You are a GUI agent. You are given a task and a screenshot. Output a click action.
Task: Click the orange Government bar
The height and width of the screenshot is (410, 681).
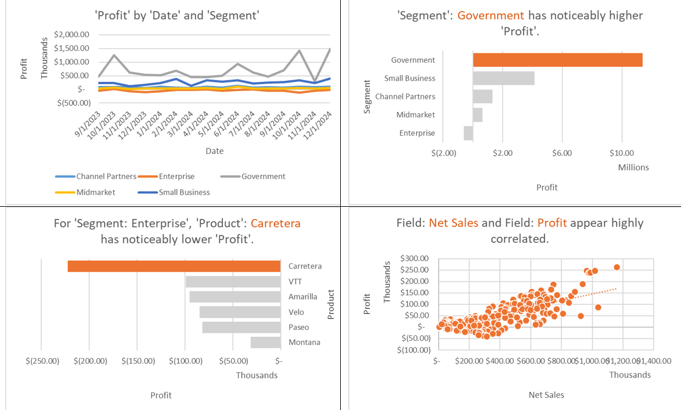point(557,60)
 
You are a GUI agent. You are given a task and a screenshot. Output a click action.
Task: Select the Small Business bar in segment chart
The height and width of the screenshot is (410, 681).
point(503,78)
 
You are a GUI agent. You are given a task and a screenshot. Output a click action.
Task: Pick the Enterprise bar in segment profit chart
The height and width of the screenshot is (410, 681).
point(469,133)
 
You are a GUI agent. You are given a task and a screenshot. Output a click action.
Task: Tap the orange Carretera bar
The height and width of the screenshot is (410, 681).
point(174,266)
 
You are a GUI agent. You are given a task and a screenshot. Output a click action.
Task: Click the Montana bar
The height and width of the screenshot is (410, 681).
point(265,342)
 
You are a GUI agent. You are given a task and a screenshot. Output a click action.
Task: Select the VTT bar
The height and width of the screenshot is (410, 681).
point(233,282)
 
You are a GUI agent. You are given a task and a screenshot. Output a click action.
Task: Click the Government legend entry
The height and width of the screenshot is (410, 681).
point(263,177)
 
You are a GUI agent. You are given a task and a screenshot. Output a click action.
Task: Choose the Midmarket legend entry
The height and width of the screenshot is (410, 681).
point(96,192)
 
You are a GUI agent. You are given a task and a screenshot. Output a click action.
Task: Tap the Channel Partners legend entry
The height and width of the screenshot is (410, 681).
point(106,177)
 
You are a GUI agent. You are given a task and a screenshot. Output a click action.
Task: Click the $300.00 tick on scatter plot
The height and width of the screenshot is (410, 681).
point(415,258)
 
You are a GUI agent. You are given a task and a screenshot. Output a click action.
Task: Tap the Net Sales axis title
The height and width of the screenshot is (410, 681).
point(546,395)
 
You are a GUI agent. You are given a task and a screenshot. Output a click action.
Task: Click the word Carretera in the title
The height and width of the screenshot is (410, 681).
point(276,223)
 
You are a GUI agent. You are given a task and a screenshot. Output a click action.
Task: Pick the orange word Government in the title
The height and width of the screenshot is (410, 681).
point(490,16)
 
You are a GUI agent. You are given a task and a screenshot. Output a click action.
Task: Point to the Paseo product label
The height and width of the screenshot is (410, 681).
point(299,328)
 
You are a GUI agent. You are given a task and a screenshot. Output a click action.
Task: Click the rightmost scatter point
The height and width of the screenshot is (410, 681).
point(617,267)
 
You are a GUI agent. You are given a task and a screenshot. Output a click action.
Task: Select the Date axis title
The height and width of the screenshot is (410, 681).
point(214,151)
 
